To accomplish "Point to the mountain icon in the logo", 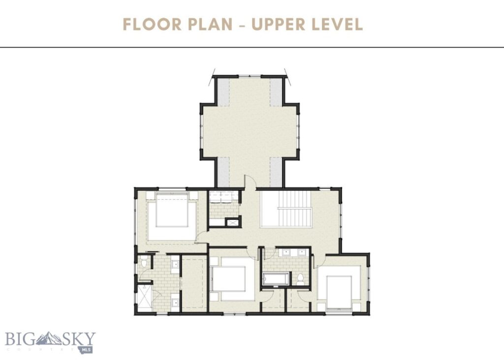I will [x=49, y=339].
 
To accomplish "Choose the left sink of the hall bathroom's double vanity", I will [x=285, y=254].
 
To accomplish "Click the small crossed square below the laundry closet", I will [x=230, y=222].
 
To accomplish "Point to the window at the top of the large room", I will [x=250, y=76].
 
